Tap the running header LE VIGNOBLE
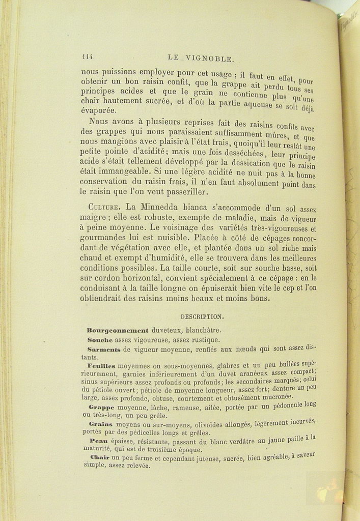pyautogui.click(x=201, y=59)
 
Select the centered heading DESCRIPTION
pyautogui.click(x=202, y=316)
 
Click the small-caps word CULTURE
pyautogui.click(x=105, y=208)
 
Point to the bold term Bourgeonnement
pyautogui.click(x=118, y=330)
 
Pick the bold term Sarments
pyautogui.click(x=104, y=350)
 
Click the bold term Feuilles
pyautogui.click(x=101, y=366)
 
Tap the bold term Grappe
pyautogui.click(x=102, y=408)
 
